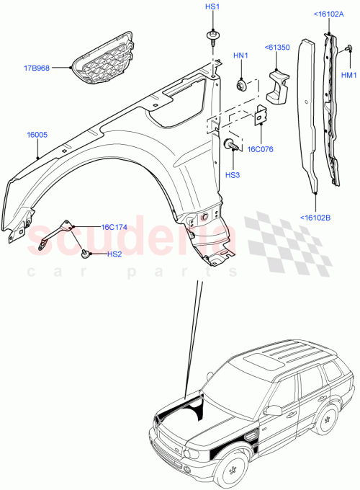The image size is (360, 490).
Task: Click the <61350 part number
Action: coord(276,48)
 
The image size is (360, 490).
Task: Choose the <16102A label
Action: coord(328,14)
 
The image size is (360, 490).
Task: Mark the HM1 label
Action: coord(348,75)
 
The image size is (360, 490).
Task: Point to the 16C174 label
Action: coord(114,227)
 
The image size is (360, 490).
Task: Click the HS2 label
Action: coord(114,254)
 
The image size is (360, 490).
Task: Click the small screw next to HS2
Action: coord(86,253)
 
